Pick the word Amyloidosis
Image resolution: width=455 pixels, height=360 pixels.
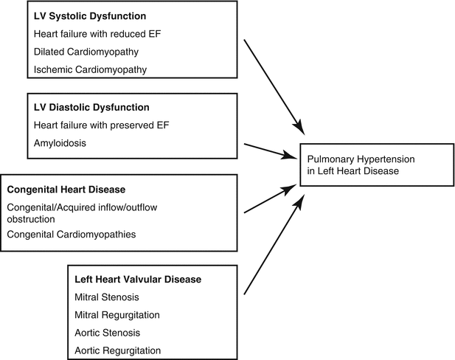point(60,142)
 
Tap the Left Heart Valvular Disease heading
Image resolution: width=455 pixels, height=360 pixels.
point(138,280)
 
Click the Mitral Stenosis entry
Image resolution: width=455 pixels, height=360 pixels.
point(106,297)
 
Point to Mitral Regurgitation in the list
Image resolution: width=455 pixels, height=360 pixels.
point(118,315)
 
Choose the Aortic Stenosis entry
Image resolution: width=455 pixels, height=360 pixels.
point(106,333)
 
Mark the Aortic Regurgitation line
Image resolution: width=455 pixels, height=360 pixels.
point(117,350)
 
